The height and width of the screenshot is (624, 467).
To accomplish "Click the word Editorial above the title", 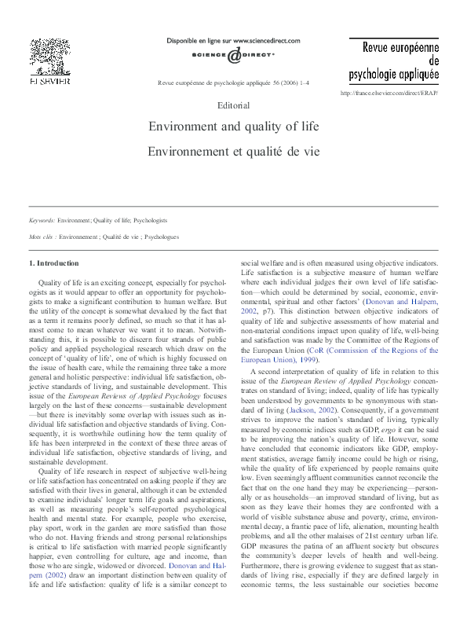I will click(233, 105).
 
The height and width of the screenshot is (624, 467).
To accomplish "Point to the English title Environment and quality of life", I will click(233, 126).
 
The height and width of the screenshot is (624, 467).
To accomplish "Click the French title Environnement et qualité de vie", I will click(233, 148).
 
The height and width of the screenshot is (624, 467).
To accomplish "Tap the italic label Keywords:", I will click(42, 222).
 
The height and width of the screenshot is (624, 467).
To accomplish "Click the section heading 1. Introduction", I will click(53, 263).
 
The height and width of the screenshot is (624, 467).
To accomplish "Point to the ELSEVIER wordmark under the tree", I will click(49, 82).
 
